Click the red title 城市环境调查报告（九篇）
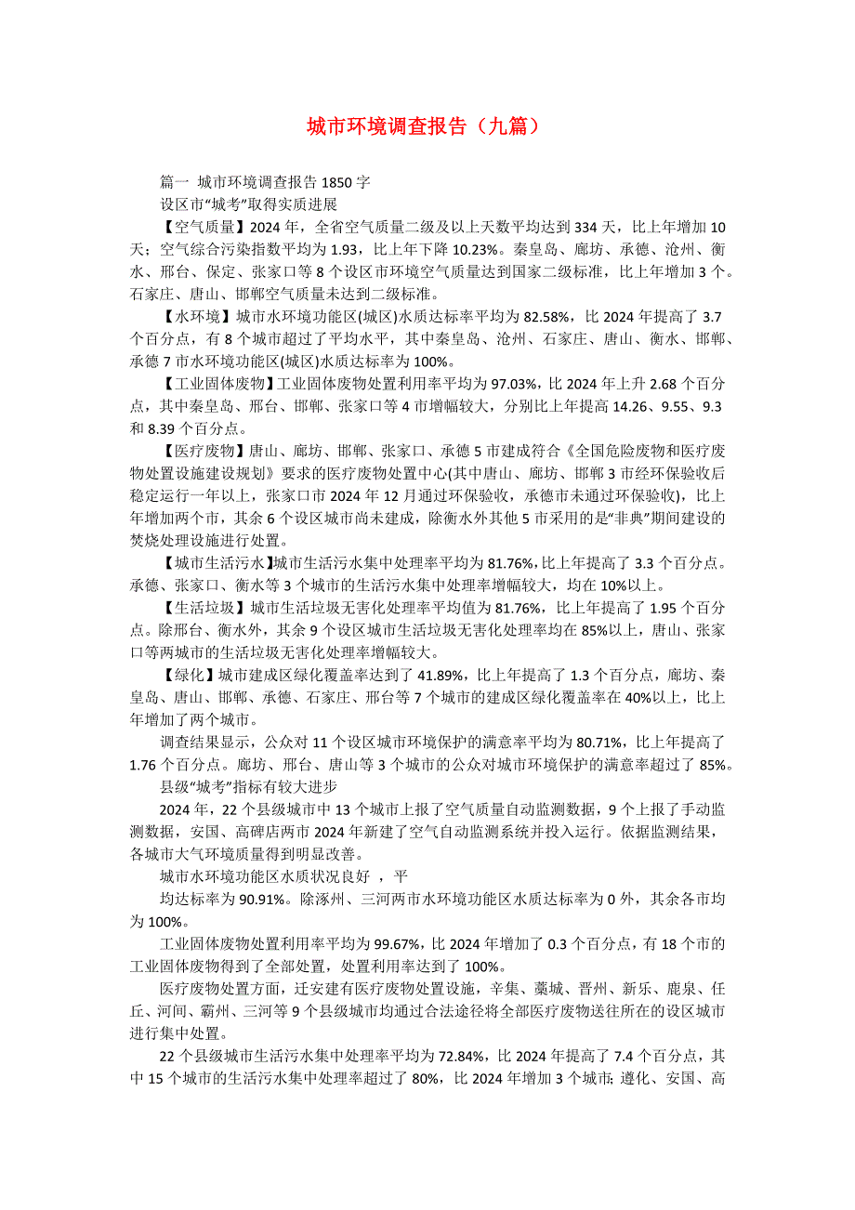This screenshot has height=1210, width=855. click(x=423, y=127)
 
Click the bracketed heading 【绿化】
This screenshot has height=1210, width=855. click(x=185, y=675)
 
